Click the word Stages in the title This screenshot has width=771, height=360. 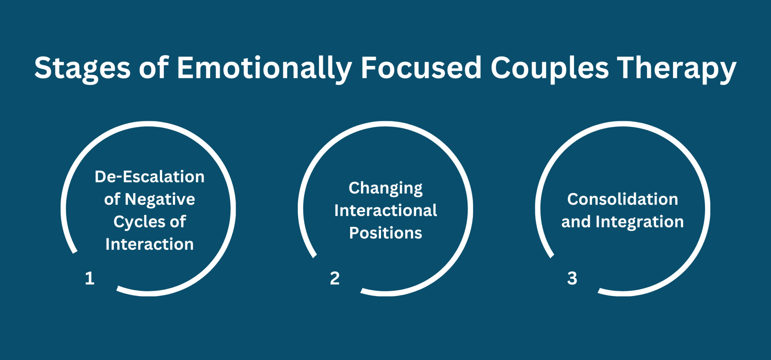pyautogui.click(x=82, y=69)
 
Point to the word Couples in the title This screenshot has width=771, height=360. pyautogui.click(x=549, y=69)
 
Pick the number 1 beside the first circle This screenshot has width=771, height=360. pyautogui.click(x=90, y=278)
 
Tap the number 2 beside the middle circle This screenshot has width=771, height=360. pyautogui.click(x=335, y=278)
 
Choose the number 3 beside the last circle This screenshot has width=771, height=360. pyautogui.click(x=572, y=278)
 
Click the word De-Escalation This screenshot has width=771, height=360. pyautogui.click(x=149, y=177)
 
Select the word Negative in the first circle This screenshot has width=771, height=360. pyautogui.click(x=160, y=200)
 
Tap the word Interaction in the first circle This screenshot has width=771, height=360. pyautogui.click(x=149, y=244)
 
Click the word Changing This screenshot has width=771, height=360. pyautogui.click(x=385, y=188)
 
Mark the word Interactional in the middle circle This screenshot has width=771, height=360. pyautogui.click(x=385, y=211)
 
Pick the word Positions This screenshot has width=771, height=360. pyautogui.click(x=385, y=233)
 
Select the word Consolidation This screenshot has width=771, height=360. pyautogui.click(x=623, y=199)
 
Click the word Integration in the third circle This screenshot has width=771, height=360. pyautogui.click(x=640, y=222)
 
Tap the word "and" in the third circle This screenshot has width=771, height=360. pyautogui.click(x=576, y=222)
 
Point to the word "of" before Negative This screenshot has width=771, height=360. pyautogui.click(x=112, y=199)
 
